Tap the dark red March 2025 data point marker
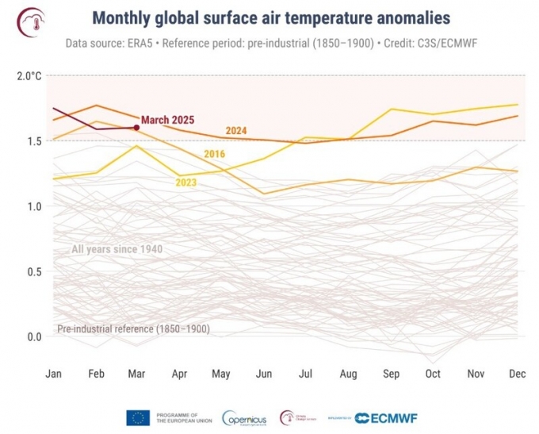(x=136, y=127)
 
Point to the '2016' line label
(x=215, y=154)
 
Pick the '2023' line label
(x=186, y=182)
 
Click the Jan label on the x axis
(x=54, y=373)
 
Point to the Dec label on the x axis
(x=516, y=373)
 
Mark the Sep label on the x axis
(x=390, y=373)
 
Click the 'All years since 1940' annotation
(x=117, y=250)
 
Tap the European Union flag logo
(x=138, y=417)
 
